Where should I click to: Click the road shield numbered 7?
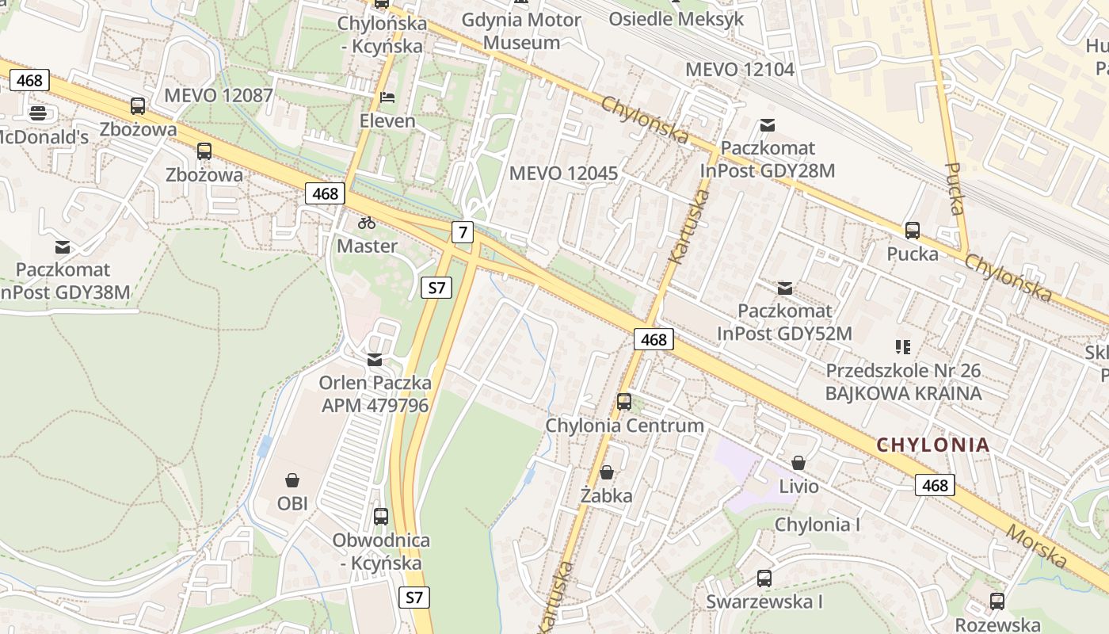pyautogui.click(x=463, y=232)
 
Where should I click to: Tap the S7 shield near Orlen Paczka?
pyautogui.click(x=436, y=288)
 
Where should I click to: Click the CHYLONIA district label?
pyautogui.click(x=933, y=445)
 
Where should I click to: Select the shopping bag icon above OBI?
pyautogui.click(x=292, y=480)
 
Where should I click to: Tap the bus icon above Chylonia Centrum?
pyautogui.click(x=624, y=402)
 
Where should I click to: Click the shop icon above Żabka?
pyautogui.click(x=607, y=473)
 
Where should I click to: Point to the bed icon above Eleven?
pyautogui.click(x=387, y=97)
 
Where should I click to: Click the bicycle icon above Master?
pyautogui.click(x=367, y=223)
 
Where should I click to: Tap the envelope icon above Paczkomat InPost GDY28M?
pyautogui.click(x=767, y=124)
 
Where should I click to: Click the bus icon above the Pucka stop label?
pyautogui.click(x=913, y=231)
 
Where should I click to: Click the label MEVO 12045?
pyautogui.click(x=563, y=173)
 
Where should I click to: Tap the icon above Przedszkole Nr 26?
pyautogui.click(x=903, y=346)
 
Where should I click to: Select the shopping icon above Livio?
pyautogui.click(x=798, y=462)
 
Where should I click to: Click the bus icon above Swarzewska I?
pyautogui.click(x=764, y=579)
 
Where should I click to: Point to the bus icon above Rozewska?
pyautogui.click(x=997, y=602)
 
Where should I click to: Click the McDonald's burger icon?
pyautogui.click(x=37, y=113)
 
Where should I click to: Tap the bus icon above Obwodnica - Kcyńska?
pyautogui.click(x=381, y=517)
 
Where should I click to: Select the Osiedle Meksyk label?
pyautogui.click(x=676, y=18)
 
